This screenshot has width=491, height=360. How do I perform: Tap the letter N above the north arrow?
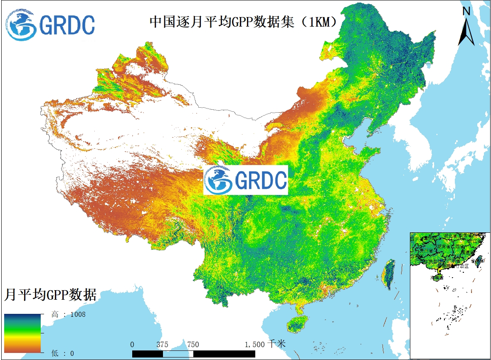(x=466, y=11)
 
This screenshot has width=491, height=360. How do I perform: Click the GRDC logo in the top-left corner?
(x=50, y=25)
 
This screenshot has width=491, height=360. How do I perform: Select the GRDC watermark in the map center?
(x=246, y=180)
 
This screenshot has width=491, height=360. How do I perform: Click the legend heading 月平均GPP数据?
(x=50, y=295)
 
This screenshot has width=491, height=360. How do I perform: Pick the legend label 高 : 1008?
(x=69, y=314)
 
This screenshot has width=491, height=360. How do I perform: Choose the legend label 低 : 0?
(x=63, y=353)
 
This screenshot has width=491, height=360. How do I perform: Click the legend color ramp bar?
(x=22, y=333)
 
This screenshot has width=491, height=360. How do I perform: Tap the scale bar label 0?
(x=132, y=345)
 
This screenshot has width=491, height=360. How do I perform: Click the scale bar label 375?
(x=163, y=345)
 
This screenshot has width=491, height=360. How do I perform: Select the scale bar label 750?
(x=193, y=345)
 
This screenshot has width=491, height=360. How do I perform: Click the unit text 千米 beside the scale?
(x=277, y=344)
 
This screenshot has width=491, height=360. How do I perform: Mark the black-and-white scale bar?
(x=193, y=353)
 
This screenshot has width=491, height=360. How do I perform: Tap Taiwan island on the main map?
(x=389, y=274)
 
